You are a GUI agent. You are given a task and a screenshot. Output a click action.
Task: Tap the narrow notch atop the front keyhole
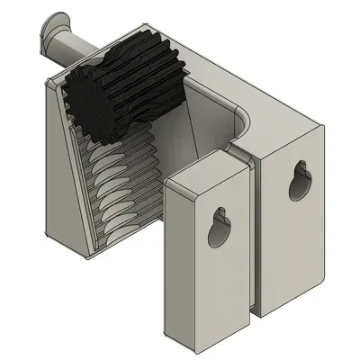point(217,212)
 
